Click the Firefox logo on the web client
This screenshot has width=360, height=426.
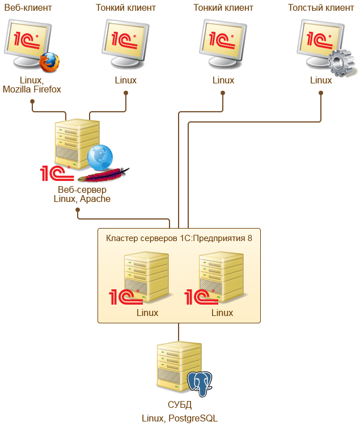coord(49,62)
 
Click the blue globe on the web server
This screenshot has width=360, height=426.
coord(100,157)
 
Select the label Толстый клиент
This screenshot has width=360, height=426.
coord(320,9)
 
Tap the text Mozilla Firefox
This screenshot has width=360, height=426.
coord(32,89)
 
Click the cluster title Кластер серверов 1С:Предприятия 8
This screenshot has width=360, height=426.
coord(179,238)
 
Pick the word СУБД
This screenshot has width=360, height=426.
coord(180,405)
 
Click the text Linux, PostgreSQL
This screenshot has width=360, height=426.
coord(180,418)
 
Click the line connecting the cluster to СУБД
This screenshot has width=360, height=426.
coord(179,332)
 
